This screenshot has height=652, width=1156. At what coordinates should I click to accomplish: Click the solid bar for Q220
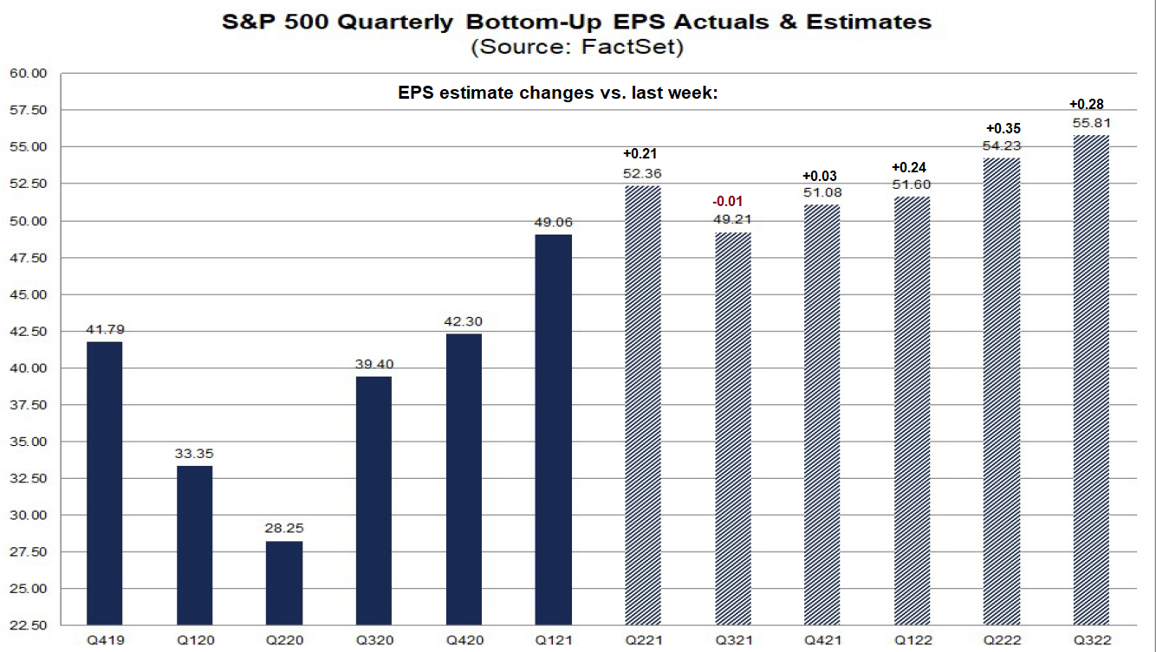tap(284, 583)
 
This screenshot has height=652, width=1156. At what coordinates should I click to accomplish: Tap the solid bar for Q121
tap(553, 429)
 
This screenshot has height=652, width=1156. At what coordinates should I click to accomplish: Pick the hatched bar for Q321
tap(731, 428)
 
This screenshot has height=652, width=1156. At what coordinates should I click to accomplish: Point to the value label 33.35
tap(195, 453)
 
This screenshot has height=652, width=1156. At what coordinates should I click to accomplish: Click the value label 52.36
tap(641, 172)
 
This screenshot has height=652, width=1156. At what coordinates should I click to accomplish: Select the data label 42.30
tap(464, 320)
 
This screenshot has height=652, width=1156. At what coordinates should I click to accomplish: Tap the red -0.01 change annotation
tap(731, 201)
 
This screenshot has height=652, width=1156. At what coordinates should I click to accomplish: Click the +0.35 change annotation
tap(1000, 128)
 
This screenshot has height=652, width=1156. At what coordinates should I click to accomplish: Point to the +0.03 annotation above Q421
tap(822, 176)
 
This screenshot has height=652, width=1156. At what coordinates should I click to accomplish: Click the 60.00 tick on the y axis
tap(29, 74)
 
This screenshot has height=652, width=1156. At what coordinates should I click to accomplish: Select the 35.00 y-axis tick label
tap(29, 442)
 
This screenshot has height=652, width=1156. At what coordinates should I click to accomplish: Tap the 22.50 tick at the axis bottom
tap(29, 625)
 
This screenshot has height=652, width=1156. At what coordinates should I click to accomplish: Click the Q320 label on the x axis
tap(373, 640)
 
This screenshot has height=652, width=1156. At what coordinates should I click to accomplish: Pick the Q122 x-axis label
tap(911, 640)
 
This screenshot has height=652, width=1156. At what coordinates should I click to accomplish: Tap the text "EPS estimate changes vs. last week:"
tap(558, 93)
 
